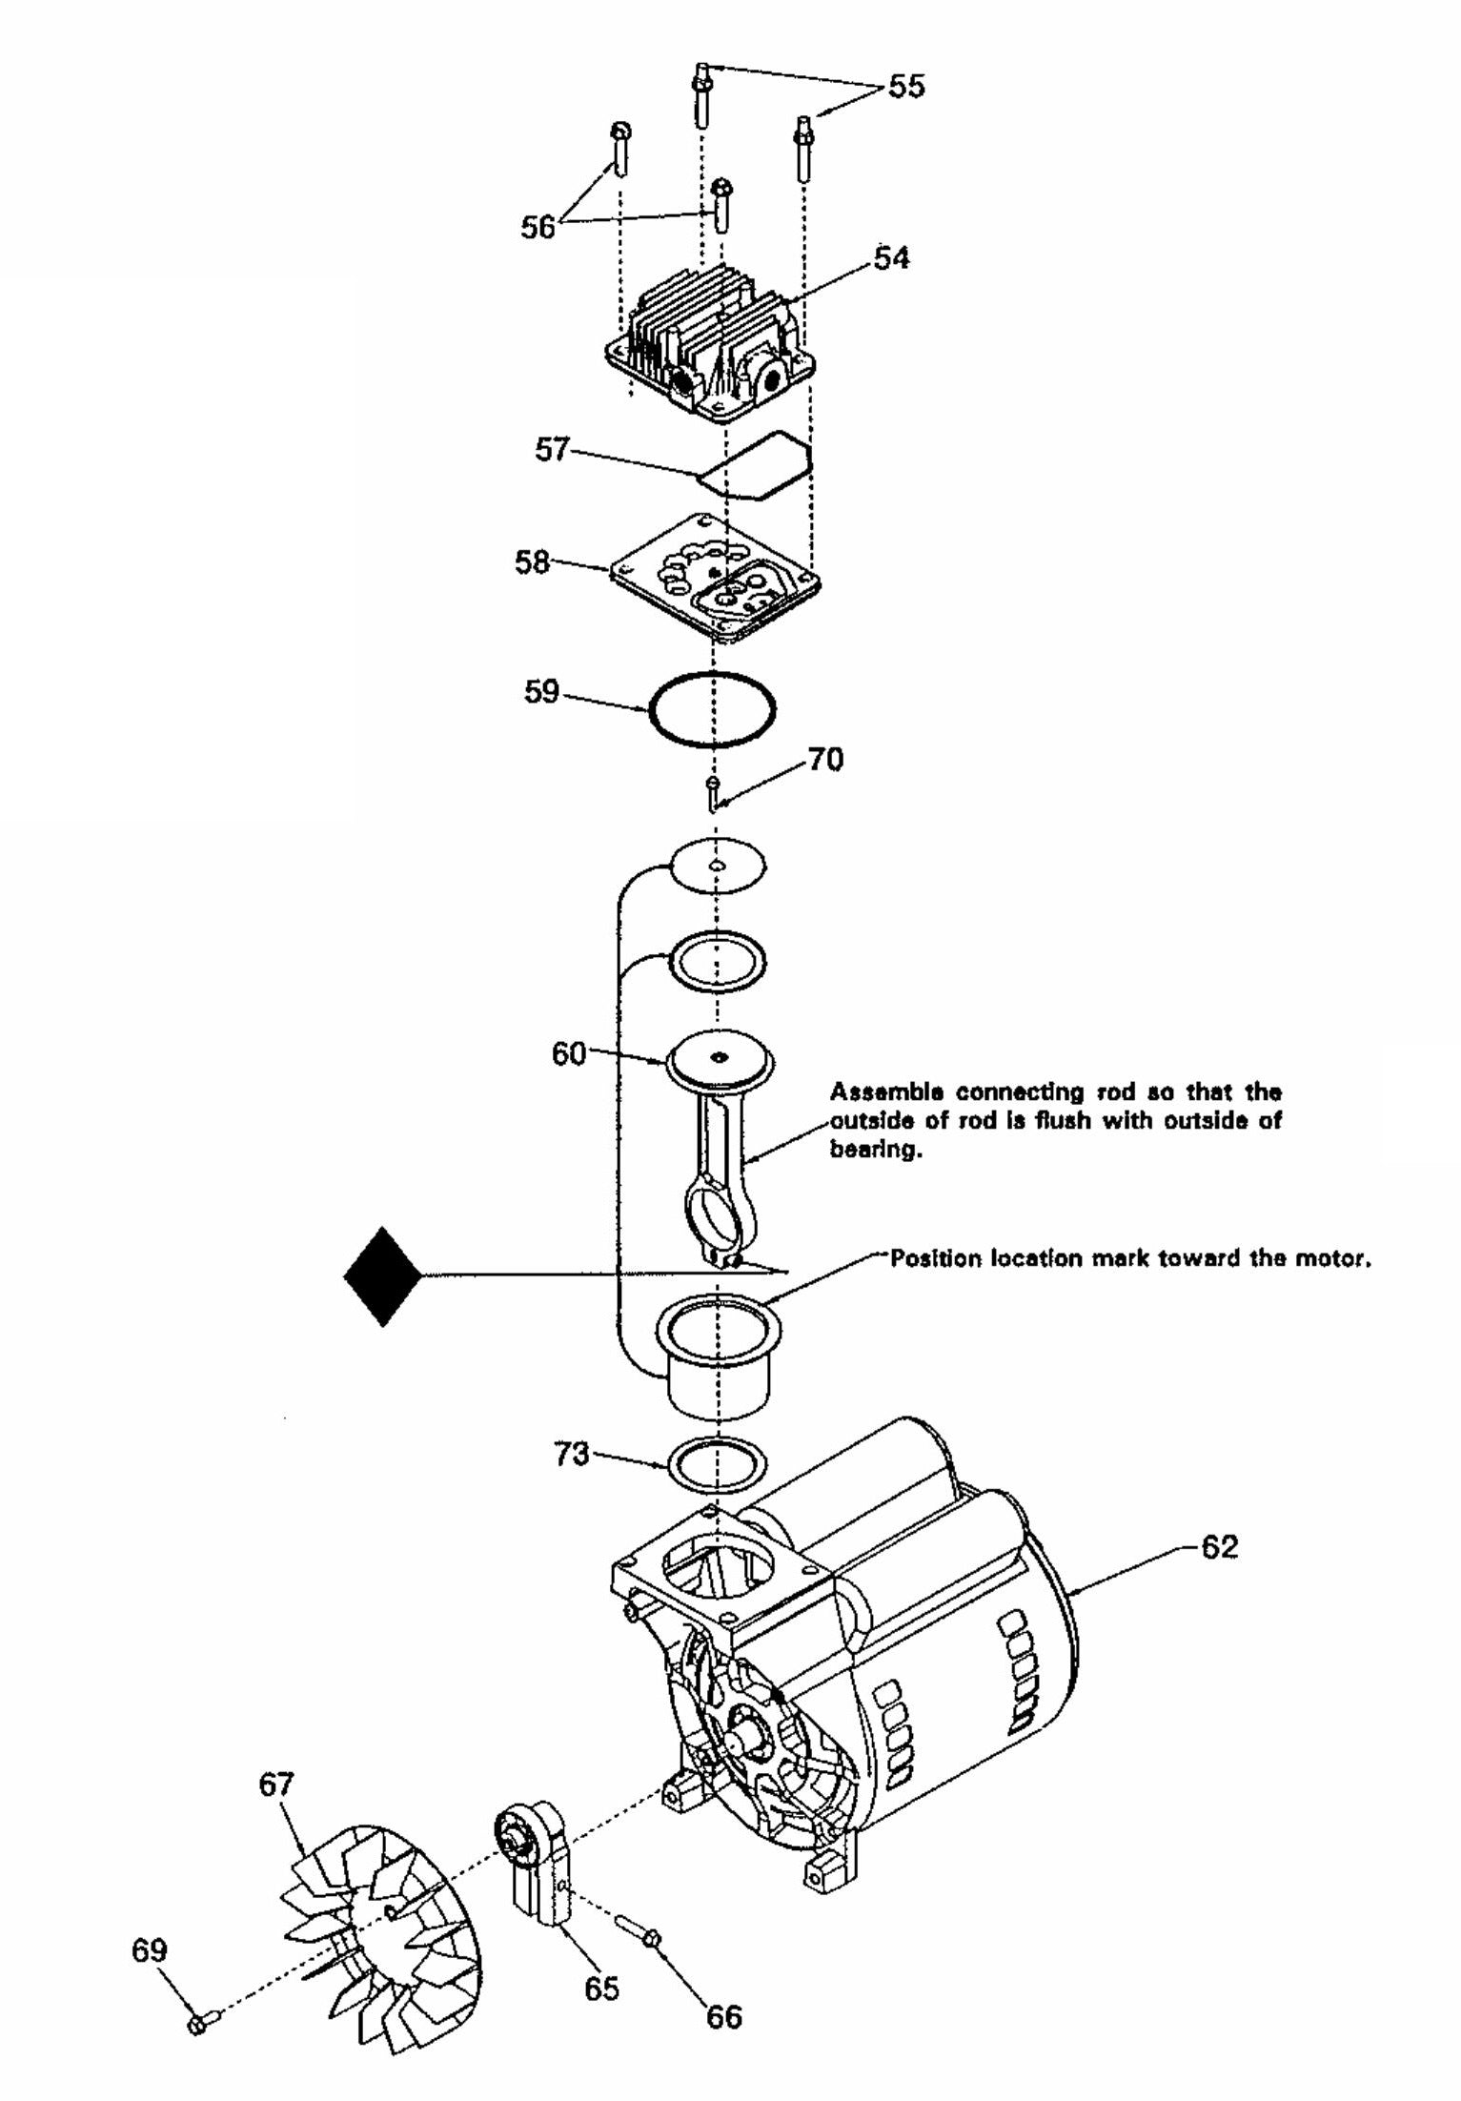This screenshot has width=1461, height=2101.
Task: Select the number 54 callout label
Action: pos(891,258)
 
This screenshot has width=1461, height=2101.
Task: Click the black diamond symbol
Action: pos(383,1276)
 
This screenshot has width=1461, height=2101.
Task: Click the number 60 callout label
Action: pos(569,1055)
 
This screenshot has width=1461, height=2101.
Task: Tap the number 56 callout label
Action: pos(538,228)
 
